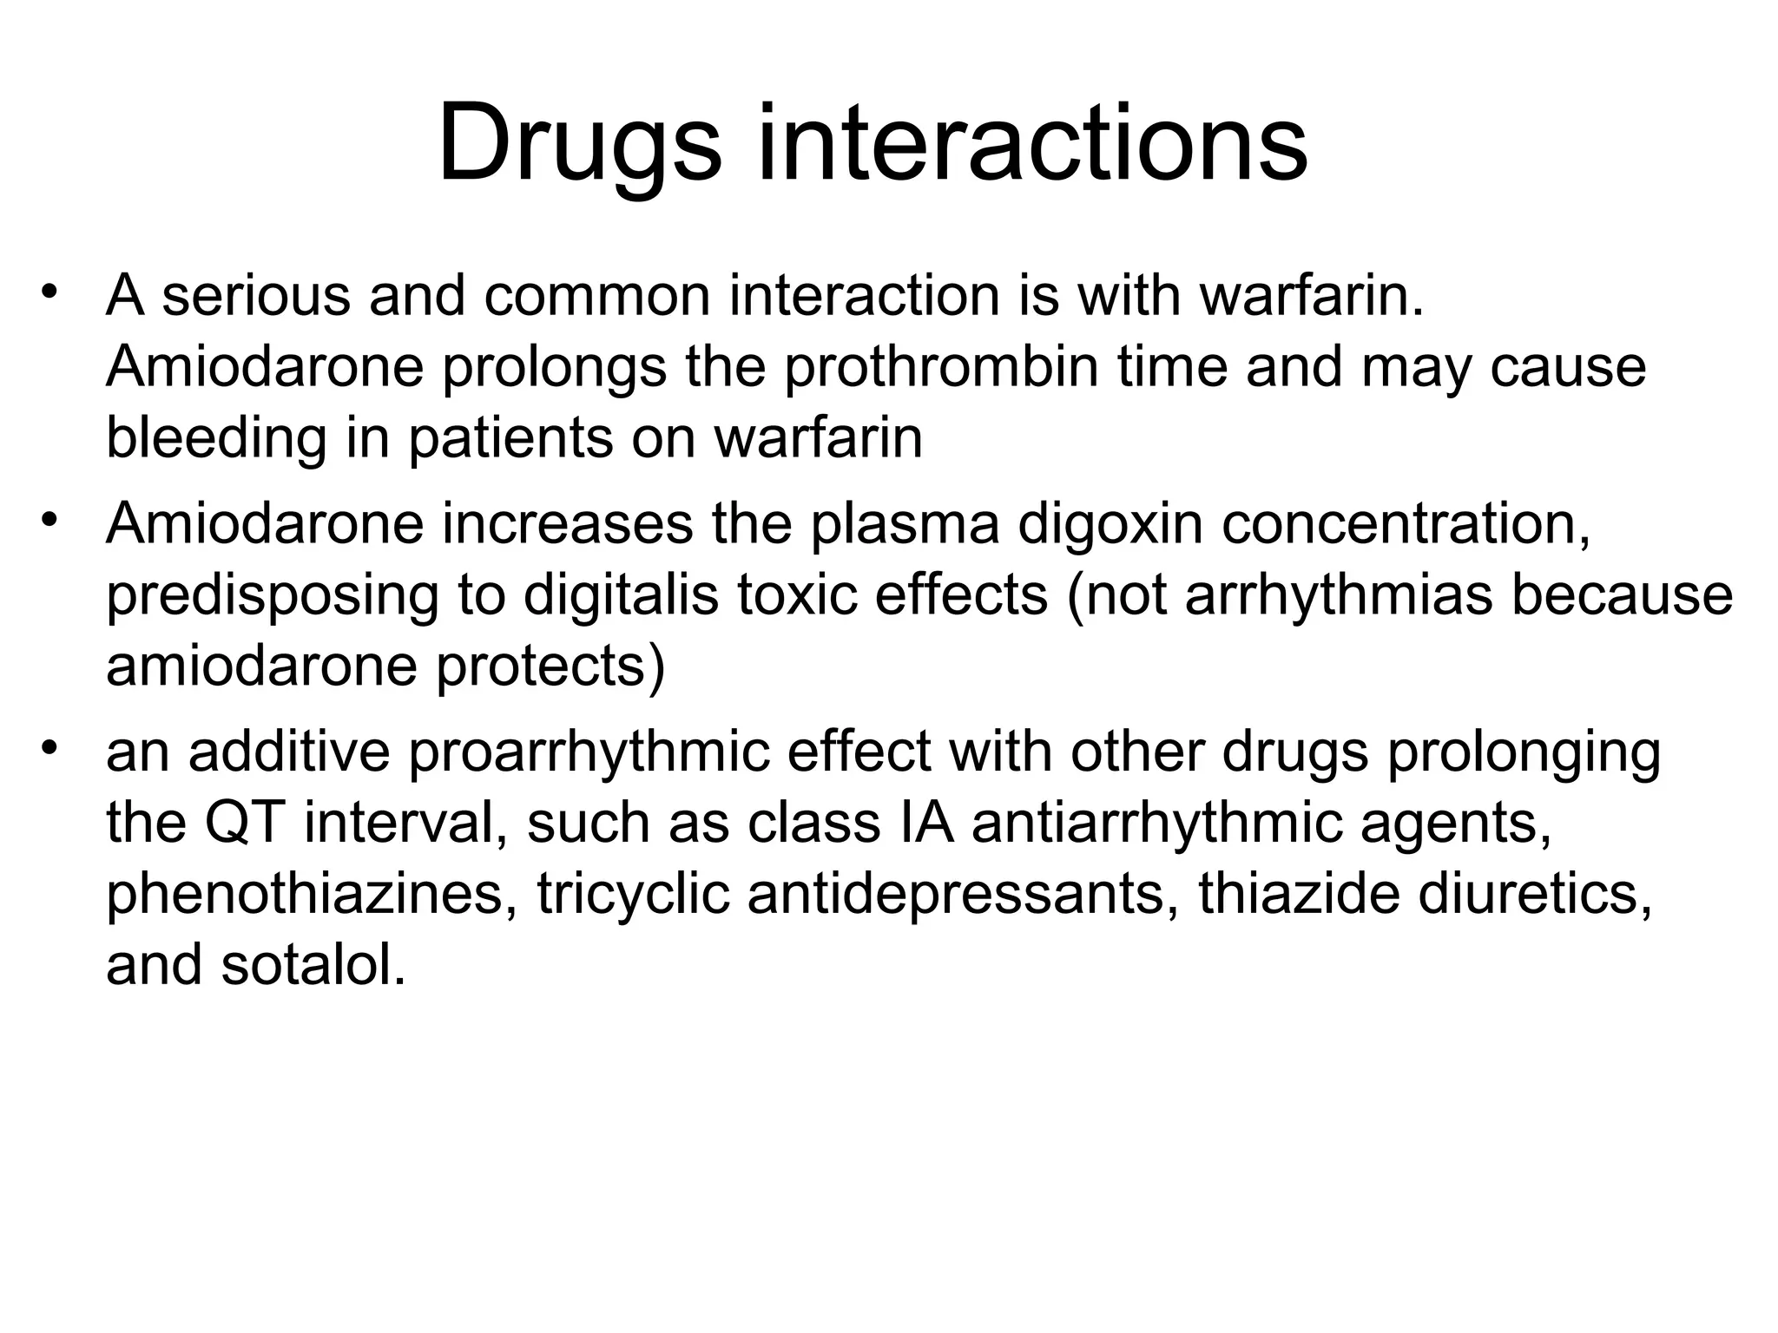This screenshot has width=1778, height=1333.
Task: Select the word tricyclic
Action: (x=633, y=894)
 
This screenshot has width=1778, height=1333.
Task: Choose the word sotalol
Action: (x=313, y=965)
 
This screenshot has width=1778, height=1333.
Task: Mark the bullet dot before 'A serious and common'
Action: (x=49, y=291)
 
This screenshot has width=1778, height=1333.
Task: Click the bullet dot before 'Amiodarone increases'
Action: (x=49, y=519)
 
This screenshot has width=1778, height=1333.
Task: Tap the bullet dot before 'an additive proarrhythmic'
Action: (x=49, y=746)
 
